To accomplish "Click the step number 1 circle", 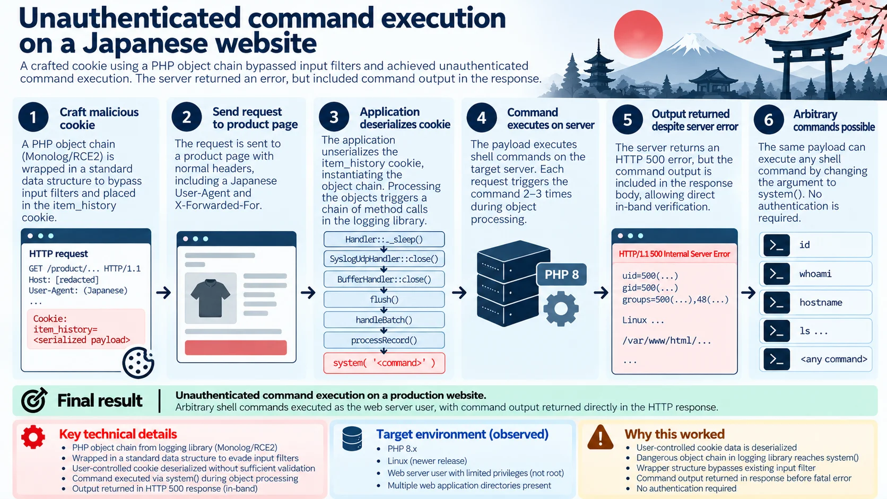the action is pyautogui.click(x=33, y=117).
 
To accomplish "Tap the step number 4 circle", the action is pyautogui.click(x=482, y=118).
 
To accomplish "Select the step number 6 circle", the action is pyautogui.click(x=769, y=119).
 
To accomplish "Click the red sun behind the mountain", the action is pyautogui.click(x=638, y=34).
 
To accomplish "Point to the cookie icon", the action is pyautogui.click(x=138, y=363).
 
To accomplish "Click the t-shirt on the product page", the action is pyautogui.click(x=210, y=298).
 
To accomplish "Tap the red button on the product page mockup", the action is pyautogui.click(x=236, y=347).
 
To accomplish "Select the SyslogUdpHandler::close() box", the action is pyautogui.click(x=384, y=259).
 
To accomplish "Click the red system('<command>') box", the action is pyautogui.click(x=384, y=363).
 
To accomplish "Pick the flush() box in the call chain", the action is pyautogui.click(x=384, y=300).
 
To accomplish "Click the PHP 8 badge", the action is pyautogui.click(x=561, y=274).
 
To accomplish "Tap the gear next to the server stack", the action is pyautogui.click(x=561, y=309).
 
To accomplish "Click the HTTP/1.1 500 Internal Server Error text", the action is pyautogui.click(x=674, y=254).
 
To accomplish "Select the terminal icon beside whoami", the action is pyautogui.click(x=777, y=274).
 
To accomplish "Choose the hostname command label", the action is pyautogui.click(x=821, y=303).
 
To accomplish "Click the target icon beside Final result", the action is pyautogui.click(x=34, y=400).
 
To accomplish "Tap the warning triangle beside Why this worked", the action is pyautogui.click(x=601, y=437).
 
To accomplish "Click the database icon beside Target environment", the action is pyautogui.click(x=352, y=439).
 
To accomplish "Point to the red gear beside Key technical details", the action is pyautogui.click(x=33, y=437).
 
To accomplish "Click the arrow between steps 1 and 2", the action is pyautogui.click(x=163, y=293).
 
